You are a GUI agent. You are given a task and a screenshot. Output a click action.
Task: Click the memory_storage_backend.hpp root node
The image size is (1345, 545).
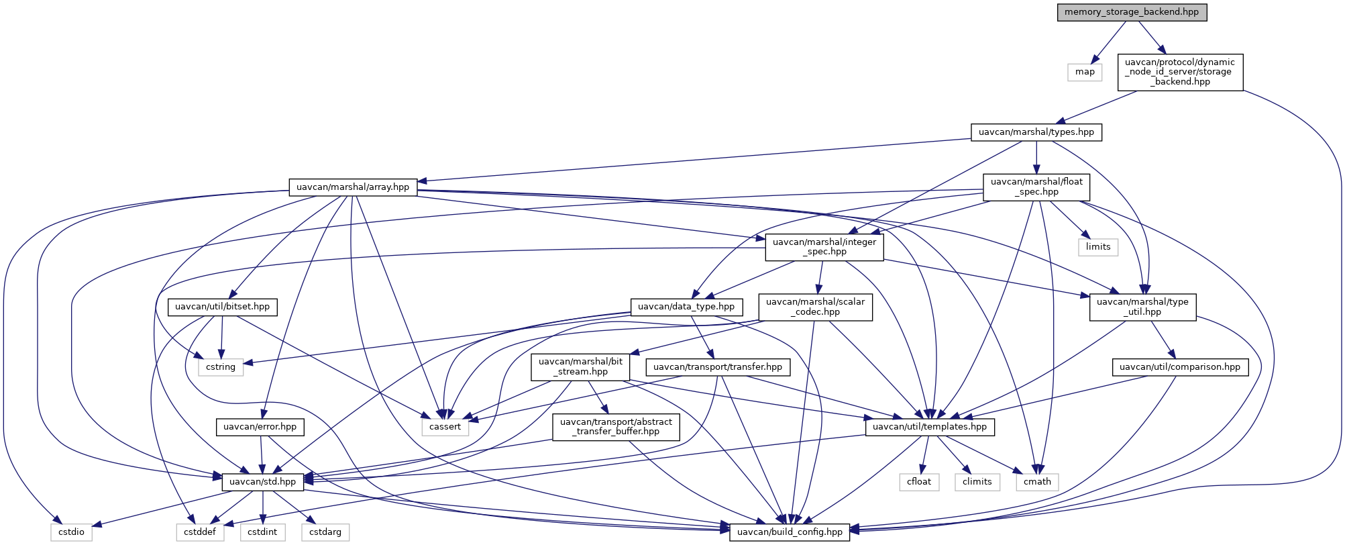pos(1132,12)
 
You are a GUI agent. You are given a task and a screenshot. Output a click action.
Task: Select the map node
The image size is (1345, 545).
pos(1085,72)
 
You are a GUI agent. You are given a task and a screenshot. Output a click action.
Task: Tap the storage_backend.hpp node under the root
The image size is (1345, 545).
pos(1180,72)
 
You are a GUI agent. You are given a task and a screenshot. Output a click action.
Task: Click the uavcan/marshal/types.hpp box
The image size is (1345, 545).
pos(1036,132)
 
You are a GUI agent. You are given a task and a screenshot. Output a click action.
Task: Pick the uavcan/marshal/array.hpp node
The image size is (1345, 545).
pos(353,187)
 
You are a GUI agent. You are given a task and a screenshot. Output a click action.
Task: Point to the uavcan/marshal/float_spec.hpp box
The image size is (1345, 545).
pos(1036,187)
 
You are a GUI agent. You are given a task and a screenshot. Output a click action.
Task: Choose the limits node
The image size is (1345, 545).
pos(1098,247)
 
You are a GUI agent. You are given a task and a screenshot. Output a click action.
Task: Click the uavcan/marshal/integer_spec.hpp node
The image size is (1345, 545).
pos(824,247)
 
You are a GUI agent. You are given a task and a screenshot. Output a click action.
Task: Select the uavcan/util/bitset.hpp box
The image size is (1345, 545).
pos(223,307)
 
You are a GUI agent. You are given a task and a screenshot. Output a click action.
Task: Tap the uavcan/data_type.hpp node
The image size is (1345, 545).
pos(686,307)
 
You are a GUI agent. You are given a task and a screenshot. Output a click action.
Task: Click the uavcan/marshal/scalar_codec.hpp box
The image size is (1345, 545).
pos(816,307)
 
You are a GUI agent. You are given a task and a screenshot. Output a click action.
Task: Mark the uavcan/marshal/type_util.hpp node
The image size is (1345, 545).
pos(1142,307)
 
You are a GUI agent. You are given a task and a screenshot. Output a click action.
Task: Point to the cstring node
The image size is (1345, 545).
pos(221,367)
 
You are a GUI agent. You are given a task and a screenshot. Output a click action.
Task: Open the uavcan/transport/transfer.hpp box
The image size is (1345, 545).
pos(718,367)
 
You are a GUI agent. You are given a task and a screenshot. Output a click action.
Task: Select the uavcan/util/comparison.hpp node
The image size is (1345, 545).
pos(1180,367)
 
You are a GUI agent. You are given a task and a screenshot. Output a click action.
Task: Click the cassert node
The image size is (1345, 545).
pos(445,427)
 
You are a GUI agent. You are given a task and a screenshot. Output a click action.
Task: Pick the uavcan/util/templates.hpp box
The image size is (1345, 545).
pos(930,427)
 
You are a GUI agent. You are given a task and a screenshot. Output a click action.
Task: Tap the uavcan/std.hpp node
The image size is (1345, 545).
pos(263,482)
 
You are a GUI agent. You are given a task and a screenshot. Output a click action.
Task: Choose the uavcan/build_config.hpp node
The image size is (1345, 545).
pos(790,532)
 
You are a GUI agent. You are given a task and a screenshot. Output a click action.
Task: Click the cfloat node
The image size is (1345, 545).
pos(919,482)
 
